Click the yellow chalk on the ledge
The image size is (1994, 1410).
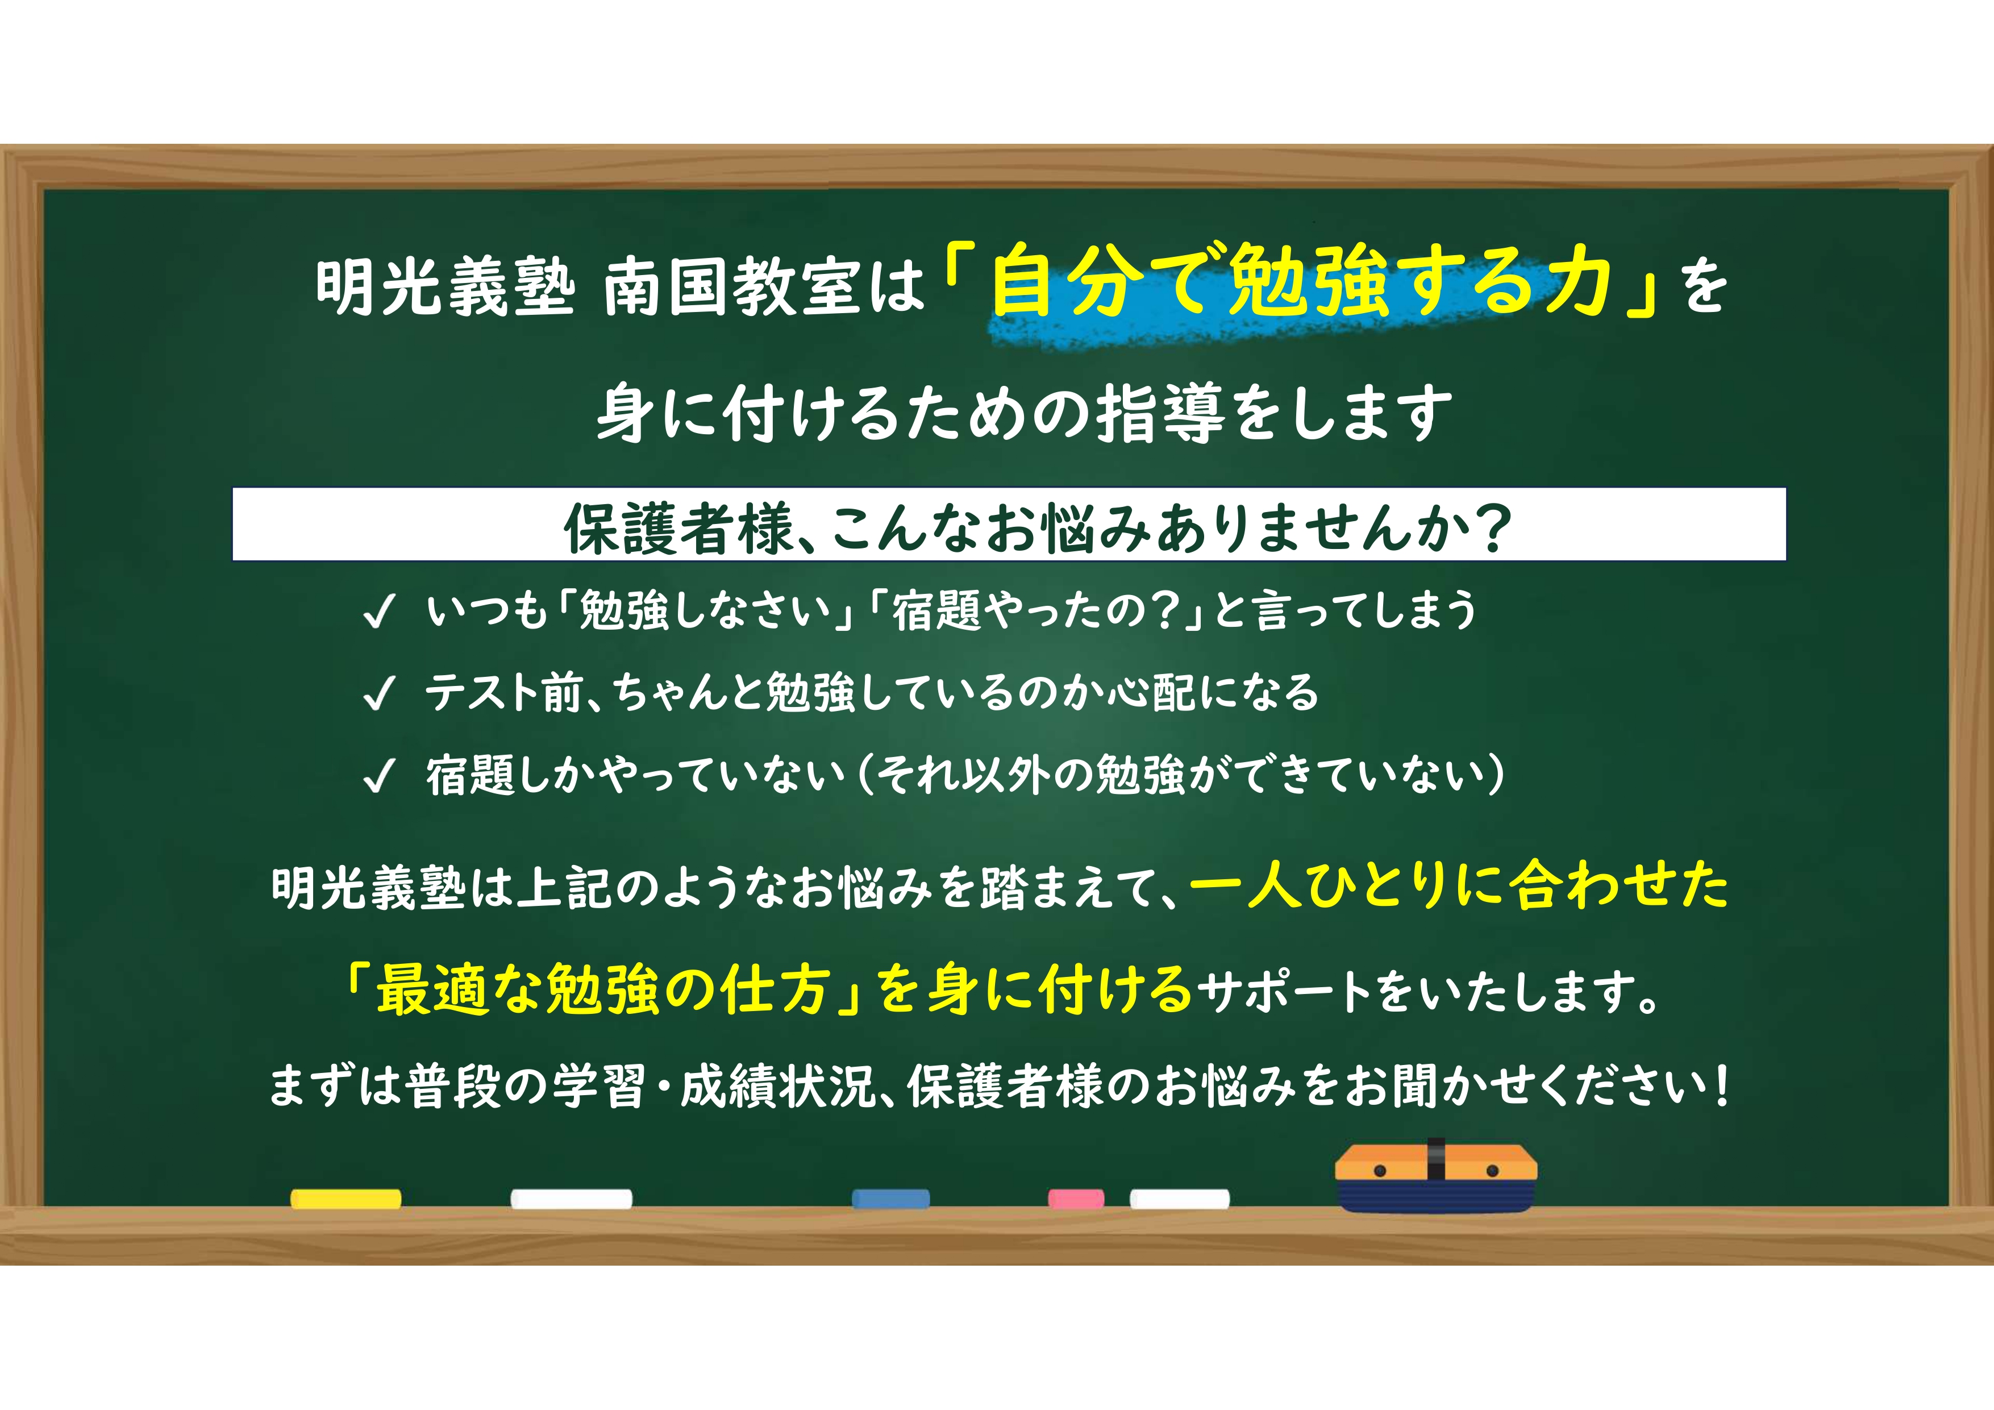click(x=345, y=1199)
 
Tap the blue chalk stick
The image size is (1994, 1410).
click(x=891, y=1199)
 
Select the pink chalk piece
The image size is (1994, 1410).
click(x=1076, y=1199)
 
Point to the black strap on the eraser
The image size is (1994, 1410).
click(x=1435, y=1160)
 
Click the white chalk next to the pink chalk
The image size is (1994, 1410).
click(x=1179, y=1199)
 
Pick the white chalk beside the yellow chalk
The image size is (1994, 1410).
click(x=572, y=1199)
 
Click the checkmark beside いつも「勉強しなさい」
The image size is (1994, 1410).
click(x=380, y=611)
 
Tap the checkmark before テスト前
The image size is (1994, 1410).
click(x=380, y=693)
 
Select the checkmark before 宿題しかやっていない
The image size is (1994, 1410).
click(x=380, y=776)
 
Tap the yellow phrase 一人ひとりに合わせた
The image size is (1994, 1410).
click(x=1458, y=885)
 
